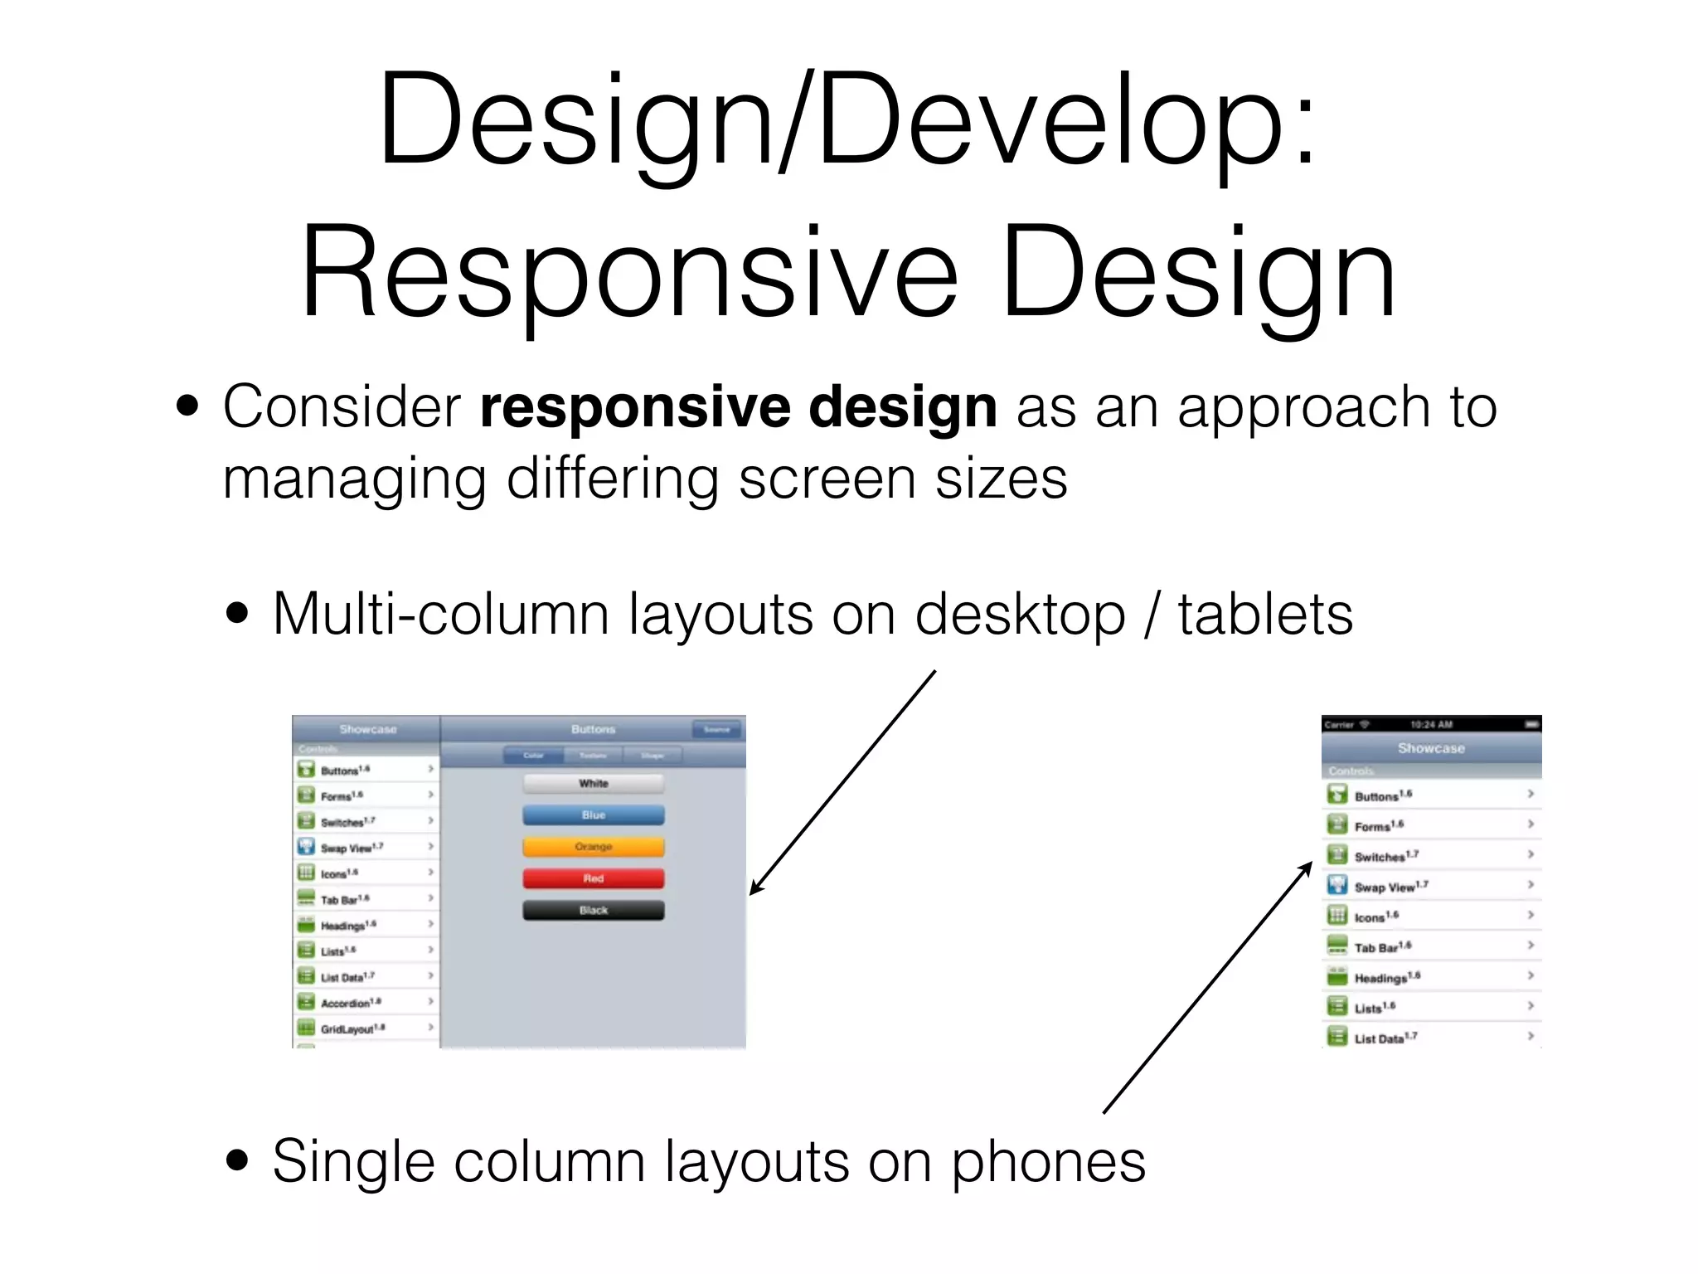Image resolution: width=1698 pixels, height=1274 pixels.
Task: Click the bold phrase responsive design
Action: coord(738,407)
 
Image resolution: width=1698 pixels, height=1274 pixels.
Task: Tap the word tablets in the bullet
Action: coord(1265,615)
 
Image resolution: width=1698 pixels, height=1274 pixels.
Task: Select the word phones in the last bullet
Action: coord(1048,1162)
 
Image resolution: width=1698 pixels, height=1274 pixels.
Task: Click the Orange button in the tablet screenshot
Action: coord(593,847)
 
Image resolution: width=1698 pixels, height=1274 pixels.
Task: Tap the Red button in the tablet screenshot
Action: coord(593,878)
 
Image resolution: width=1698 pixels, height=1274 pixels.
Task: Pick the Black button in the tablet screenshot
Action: coord(593,911)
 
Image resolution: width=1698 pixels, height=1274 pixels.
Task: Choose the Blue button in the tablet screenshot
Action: coord(593,815)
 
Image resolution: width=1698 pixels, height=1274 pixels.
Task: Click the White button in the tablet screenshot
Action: coord(593,784)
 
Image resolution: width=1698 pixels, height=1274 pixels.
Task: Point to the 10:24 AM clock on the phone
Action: coord(1431,724)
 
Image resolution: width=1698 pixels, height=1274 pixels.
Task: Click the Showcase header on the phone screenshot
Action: coord(1431,748)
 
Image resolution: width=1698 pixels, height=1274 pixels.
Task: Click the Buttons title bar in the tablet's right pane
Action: coord(593,729)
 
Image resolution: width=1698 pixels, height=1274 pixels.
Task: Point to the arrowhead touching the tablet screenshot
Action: coord(753,891)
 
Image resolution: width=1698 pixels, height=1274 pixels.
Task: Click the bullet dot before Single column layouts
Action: coord(237,1160)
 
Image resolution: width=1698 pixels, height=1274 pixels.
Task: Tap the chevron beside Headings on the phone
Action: coord(1531,975)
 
